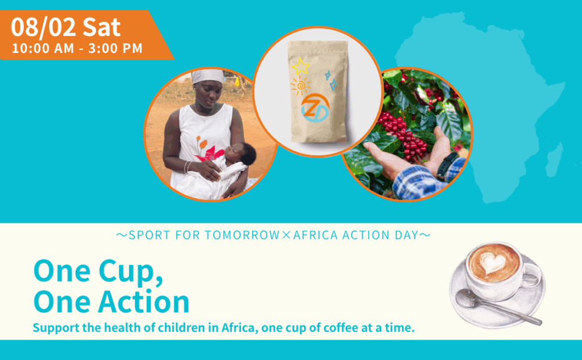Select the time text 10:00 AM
click(43, 48)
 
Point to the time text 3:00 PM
click(117, 48)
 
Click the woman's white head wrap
click(207, 76)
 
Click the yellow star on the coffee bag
click(300, 67)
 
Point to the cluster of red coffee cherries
click(405, 133)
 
